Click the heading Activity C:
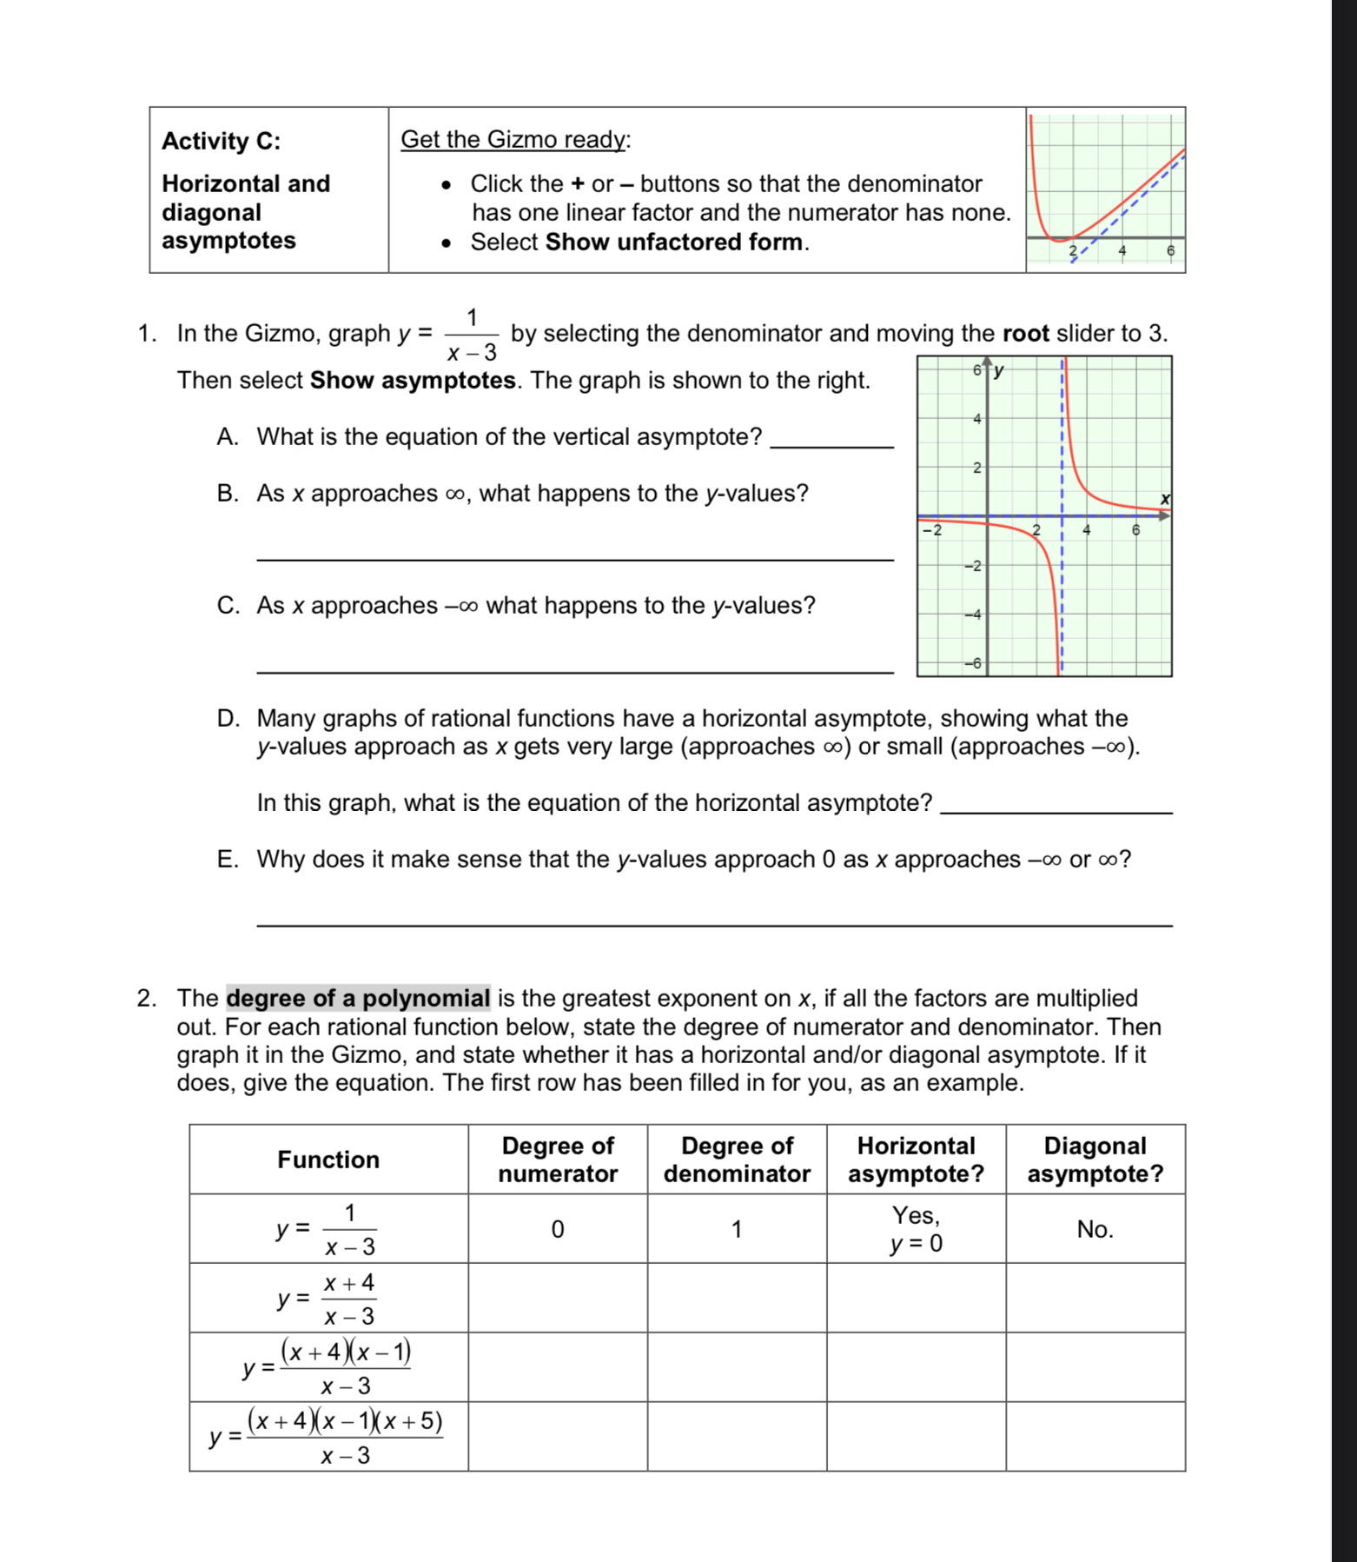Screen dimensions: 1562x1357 [221, 141]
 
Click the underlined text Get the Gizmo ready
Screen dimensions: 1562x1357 [514, 139]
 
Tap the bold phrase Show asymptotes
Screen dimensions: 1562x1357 [413, 380]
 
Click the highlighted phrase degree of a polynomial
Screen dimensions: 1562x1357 [358, 998]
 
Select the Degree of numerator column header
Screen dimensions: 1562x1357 [557, 1160]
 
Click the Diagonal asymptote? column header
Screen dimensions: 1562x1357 [1095, 1160]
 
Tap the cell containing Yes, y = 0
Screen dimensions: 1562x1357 [916, 1229]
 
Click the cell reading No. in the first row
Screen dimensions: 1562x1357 [1095, 1229]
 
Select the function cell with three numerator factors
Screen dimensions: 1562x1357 [328, 1437]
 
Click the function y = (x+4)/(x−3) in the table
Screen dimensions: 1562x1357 [328, 1299]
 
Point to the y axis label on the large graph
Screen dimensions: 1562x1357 [999, 371]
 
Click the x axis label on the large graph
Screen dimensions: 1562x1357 [1165, 499]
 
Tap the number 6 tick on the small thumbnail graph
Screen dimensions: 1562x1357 [1169, 250]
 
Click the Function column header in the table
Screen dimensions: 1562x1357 [328, 1160]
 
